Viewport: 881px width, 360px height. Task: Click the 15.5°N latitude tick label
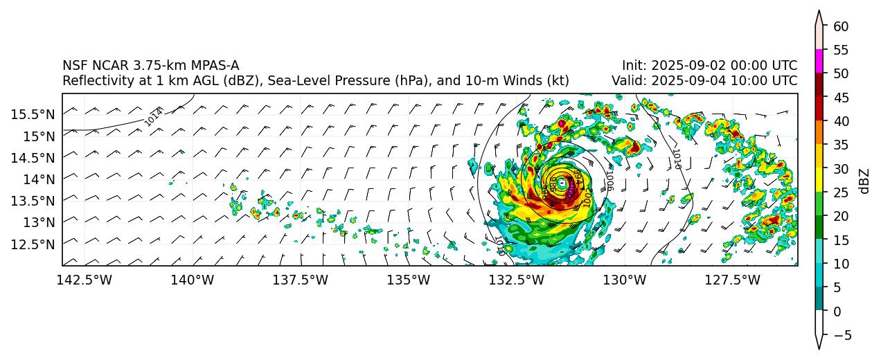pyautogui.click(x=33, y=114)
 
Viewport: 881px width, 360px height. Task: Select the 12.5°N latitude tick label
pyautogui.click(x=33, y=244)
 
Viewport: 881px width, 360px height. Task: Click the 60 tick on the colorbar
pyautogui.click(x=841, y=26)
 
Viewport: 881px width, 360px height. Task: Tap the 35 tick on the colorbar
pyautogui.click(x=841, y=145)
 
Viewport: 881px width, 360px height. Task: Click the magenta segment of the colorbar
pyautogui.click(x=819, y=61)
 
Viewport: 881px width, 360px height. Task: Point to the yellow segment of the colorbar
pyautogui.click(x=819, y=180)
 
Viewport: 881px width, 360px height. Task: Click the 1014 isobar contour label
pyautogui.click(x=154, y=116)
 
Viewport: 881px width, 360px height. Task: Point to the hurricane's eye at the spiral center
pyautogui.click(x=562, y=184)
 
